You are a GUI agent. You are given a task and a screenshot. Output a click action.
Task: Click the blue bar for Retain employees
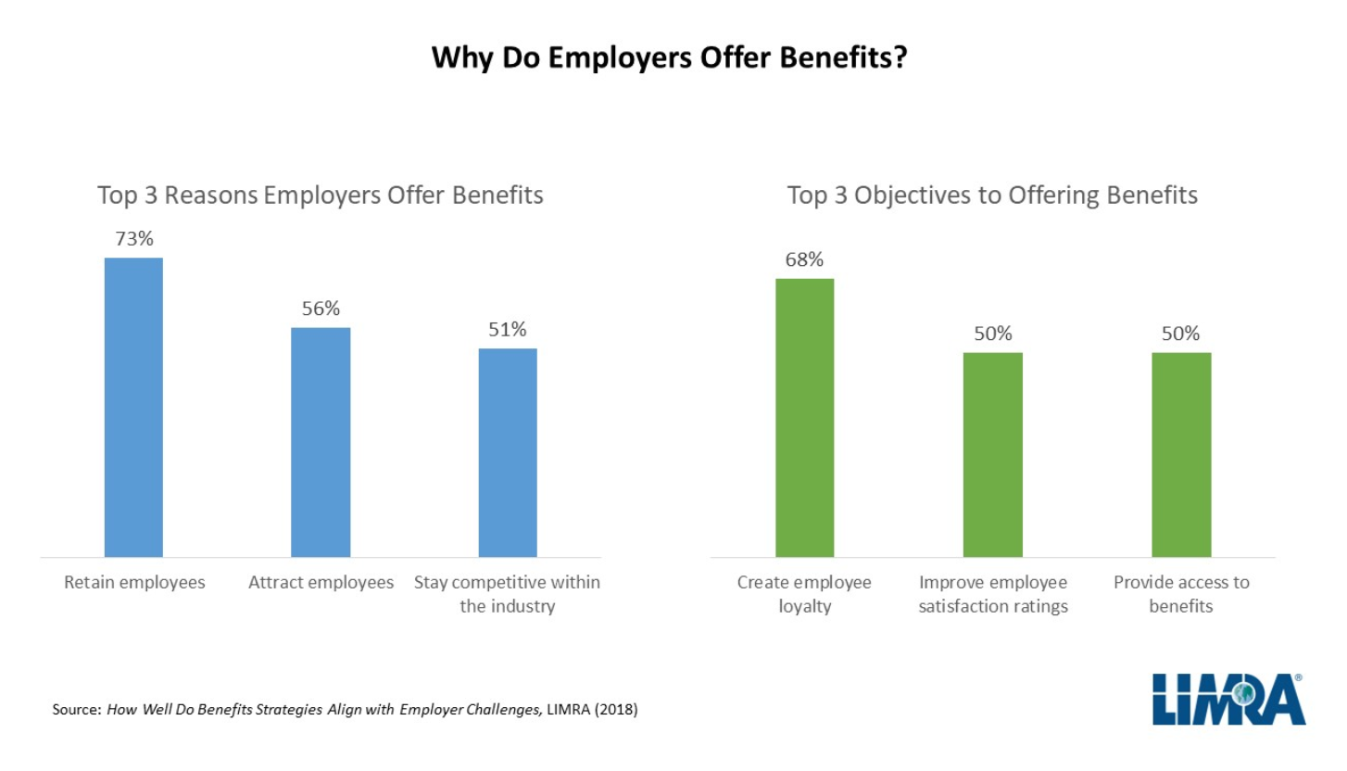coord(133,407)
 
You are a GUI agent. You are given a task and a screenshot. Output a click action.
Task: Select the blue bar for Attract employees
coord(321,442)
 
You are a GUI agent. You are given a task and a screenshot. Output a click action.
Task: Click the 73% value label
coord(133,238)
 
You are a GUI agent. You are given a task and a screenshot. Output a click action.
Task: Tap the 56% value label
coord(321,309)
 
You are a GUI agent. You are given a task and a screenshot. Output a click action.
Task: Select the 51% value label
coord(508,329)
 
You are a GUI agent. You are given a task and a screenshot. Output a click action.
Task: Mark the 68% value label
coord(804,259)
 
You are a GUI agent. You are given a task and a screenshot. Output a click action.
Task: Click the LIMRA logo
coord(1228,700)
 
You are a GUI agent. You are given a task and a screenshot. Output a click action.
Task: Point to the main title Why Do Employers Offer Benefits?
coord(673,57)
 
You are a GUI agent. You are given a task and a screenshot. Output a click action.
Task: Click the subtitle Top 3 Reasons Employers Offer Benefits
coord(321,196)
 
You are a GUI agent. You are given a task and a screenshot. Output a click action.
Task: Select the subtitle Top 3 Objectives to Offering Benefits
coord(992,196)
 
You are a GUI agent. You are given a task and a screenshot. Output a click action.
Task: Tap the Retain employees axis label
coord(134,583)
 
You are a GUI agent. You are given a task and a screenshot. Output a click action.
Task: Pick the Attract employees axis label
coord(321,583)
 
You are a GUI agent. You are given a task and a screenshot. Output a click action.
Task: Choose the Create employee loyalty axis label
coord(804,594)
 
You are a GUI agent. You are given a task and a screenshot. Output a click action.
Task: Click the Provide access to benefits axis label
coord(1181,594)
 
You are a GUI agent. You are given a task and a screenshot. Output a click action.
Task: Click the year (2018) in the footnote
coord(618,712)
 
